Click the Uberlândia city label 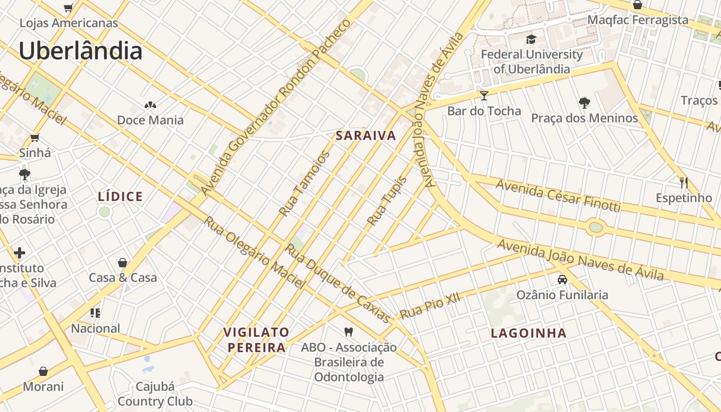pos(80,51)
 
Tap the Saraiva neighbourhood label pos(366,136)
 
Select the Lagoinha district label pos(528,333)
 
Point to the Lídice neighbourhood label pos(120,197)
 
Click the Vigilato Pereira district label pos(256,339)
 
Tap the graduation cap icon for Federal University pos(531,39)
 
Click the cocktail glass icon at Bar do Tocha pos(484,95)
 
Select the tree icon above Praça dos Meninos pos(584,103)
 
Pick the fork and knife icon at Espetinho pos(683,183)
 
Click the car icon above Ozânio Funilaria pos(562,280)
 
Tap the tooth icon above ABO pos(349,332)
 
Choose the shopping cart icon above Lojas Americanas pos(68,8)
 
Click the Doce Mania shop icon pos(150,105)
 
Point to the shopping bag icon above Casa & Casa pos(123,263)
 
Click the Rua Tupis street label pos(387,201)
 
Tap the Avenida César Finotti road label pos(558,196)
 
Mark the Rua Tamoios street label pos(304,183)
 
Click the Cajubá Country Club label pos(155,394)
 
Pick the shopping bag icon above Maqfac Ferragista pos(637,5)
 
